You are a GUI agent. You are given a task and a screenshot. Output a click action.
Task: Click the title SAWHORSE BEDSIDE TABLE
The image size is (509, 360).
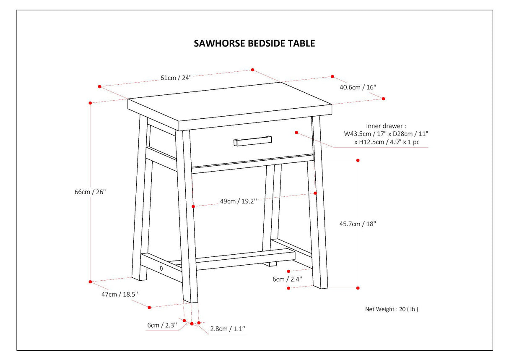(x=254, y=43)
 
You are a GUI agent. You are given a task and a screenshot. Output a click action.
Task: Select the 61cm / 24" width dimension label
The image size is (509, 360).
(x=176, y=78)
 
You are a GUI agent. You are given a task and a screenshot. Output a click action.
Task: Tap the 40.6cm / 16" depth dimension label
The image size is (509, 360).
(x=358, y=87)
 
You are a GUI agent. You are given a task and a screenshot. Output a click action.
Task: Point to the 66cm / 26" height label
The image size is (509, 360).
(x=90, y=192)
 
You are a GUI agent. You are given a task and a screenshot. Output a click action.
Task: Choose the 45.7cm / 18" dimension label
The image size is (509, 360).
(x=358, y=224)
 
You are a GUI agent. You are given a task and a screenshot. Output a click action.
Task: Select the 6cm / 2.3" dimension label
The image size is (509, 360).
(x=162, y=325)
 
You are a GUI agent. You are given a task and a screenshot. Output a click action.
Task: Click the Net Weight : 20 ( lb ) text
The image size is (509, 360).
(x=392, y=309)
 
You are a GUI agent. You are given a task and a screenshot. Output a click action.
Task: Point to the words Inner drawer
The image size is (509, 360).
(x=386, y=125)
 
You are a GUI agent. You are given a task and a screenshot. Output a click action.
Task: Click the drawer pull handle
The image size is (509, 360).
(x=252, y=140)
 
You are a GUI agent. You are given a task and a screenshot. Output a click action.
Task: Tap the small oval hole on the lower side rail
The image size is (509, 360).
(x=161, y=268)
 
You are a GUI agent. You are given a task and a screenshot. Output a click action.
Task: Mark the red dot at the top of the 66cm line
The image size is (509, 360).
(x=90, y=102)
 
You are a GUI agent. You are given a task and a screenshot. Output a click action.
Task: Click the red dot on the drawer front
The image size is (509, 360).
(x=296, y=133)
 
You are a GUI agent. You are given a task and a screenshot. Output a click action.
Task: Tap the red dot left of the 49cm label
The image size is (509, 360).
(x=193, y=206)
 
